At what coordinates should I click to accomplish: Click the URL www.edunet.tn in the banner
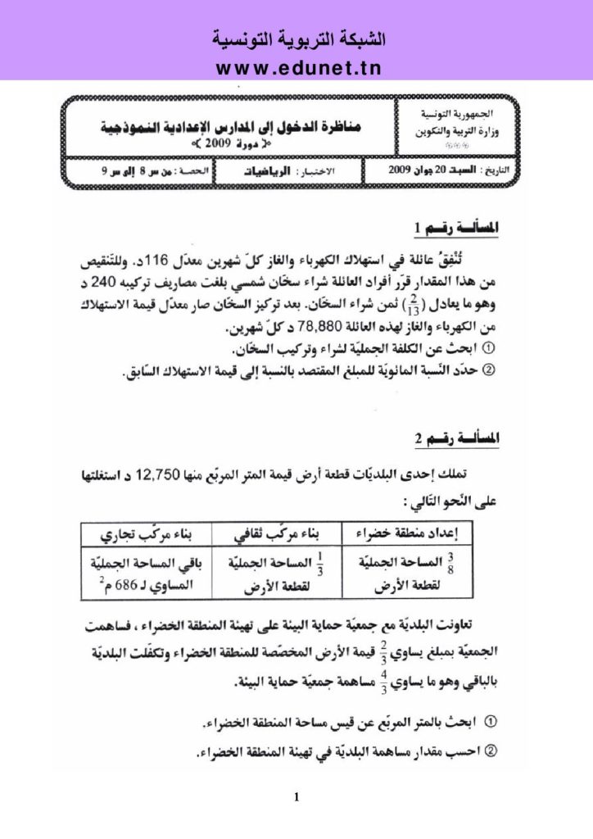(296, 67)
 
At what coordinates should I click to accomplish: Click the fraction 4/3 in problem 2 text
(381, 680)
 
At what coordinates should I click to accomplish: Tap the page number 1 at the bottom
(296, 796)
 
